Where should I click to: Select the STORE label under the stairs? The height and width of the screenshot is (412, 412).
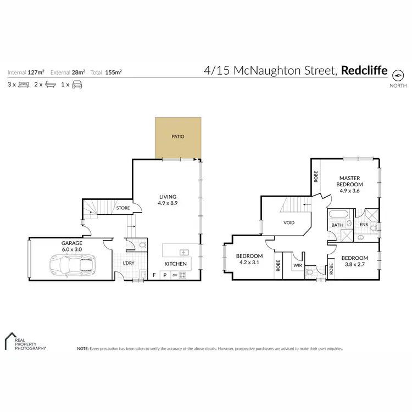(x=123, y=208)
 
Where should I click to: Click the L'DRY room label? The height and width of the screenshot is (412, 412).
(x=129, y=263)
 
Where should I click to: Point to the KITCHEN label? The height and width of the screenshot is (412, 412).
(x=176, y=264)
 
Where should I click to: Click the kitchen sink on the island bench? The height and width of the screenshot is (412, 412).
(x=184, y=252)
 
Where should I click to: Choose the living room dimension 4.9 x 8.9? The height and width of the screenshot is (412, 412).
(x=168, y=203)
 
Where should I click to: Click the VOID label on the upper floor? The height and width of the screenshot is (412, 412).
(x=289, y=222)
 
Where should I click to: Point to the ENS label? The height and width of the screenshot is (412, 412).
(x=363, y=225)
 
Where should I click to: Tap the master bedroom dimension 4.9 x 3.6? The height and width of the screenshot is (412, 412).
(x=349, y=191)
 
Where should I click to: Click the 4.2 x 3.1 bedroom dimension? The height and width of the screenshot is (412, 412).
(x=249, y=263)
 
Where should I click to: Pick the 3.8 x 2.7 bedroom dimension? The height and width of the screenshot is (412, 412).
(x=354, y=265)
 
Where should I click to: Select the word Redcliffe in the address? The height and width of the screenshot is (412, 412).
(x=364, y=70)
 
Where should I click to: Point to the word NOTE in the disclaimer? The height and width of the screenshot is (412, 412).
(x=83, y=348)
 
